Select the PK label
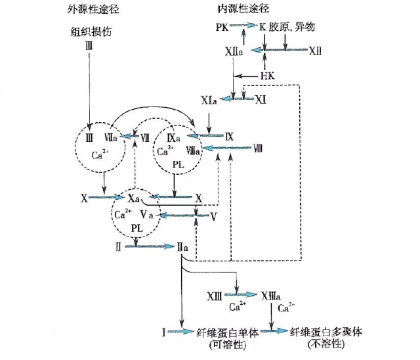tap(222, 28)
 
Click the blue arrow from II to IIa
tap(148, 246)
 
